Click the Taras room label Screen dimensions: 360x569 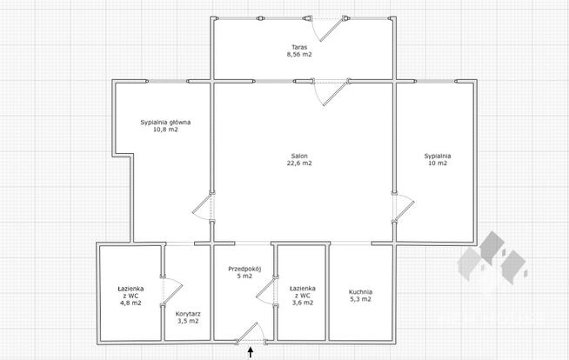pyautogui.click(x=299, y=45)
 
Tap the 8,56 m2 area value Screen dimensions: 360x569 pyautogui.click(x=299, y=54)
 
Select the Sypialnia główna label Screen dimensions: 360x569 pyautogui.click(x=165, y=123)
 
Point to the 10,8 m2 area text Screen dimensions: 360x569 pyautogui.click(x=165, y=131)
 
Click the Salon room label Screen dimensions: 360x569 pyautogui.click(x=299, y=155)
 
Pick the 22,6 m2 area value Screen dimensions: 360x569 pyautogui.click(x=299, y=163)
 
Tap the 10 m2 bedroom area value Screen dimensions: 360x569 pyautogui.click(x=437, y=163)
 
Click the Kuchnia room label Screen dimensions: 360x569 pyautogui.click(x=360, y=291)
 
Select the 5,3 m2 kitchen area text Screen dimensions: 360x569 pyautogui.click(x=360, y=300)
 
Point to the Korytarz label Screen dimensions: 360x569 pyautogui.click(x=187, y=313)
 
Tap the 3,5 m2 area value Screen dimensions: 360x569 pyautogui.click(x=187, y=322)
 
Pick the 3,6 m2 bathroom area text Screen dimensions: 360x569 pyautogui.click(x=302, y=303)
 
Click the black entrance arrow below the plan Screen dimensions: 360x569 pyautogui.click(x=251, y=352)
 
